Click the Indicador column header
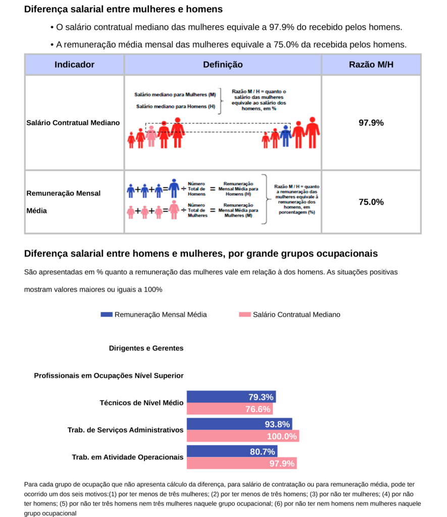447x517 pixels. [74, 65]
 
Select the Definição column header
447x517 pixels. [223, 65]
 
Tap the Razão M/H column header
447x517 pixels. [371, 65]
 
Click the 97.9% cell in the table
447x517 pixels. [371, 123]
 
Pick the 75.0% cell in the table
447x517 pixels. [371, 202]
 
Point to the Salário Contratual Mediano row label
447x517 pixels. [73, 123]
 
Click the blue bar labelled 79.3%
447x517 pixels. [231, 397]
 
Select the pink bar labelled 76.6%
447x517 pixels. [229, 409]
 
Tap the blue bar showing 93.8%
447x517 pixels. [239, 424]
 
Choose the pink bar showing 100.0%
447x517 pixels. [242, 436]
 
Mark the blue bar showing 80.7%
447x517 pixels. [232, 451]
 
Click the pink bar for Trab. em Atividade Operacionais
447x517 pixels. [241, 463]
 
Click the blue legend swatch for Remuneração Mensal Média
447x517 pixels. [106, 315]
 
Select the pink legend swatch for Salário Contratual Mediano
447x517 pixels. [244, 315]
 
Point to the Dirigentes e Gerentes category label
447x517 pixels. [146, 348]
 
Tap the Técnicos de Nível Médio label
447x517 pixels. [141, 403]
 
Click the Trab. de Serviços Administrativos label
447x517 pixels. [125, 430]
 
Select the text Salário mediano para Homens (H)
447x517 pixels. [176, 106]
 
